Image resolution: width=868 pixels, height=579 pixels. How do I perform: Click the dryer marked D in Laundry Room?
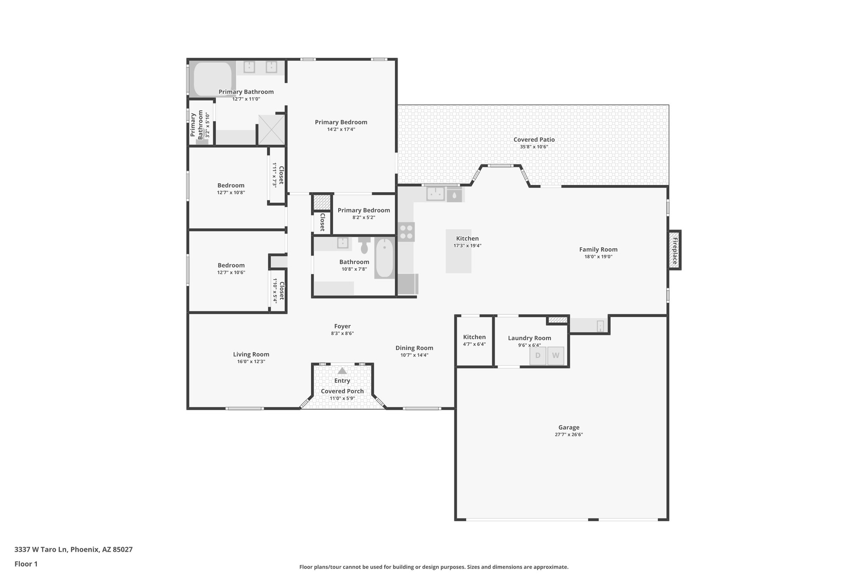(x=538, y=355)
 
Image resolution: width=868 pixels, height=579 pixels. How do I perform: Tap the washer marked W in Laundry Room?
(x=556, y=355)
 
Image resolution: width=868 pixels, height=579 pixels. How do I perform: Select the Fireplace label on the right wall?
(x=675, y=250)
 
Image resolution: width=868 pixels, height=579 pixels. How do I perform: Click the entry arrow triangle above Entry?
(x=342, y=371)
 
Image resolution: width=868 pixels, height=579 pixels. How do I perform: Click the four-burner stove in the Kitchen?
(x=406, y=232)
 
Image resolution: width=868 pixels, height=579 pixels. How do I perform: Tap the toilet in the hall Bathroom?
(x=364, y=246)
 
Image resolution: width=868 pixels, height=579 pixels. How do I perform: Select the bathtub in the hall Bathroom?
(x=384, y=258)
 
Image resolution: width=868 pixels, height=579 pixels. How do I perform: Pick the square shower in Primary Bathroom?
(x=272, y=129)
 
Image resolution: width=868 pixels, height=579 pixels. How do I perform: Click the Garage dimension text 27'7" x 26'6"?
(x=568, y=434)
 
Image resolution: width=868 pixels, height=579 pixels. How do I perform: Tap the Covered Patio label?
(x=534, y=140)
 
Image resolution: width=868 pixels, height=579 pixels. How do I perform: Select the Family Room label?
(x=598, y=249)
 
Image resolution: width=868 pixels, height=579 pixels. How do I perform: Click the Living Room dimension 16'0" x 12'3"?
(x=251, y=361)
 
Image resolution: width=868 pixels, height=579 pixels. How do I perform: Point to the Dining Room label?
(x=414, y=348)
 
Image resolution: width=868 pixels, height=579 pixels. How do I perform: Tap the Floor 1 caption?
(x=26, y=564)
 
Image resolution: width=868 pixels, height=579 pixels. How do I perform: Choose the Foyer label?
(x=342, y=326)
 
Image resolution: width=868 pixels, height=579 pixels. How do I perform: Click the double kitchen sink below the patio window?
(x=435, y=194)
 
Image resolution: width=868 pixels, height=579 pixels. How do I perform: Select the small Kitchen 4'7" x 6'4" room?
(x=474, y=341)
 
